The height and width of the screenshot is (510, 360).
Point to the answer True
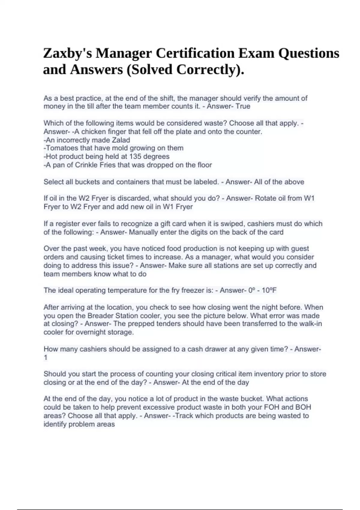(x=243, y=106)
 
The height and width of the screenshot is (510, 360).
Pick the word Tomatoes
(x=62, y=148)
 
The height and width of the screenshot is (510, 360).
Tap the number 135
(x=135, y=156)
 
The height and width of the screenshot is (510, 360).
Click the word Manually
(x=141, y=232)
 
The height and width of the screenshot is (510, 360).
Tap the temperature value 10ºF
(x=269, y=290)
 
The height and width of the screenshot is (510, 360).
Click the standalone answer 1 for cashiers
(x=46, y=357)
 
